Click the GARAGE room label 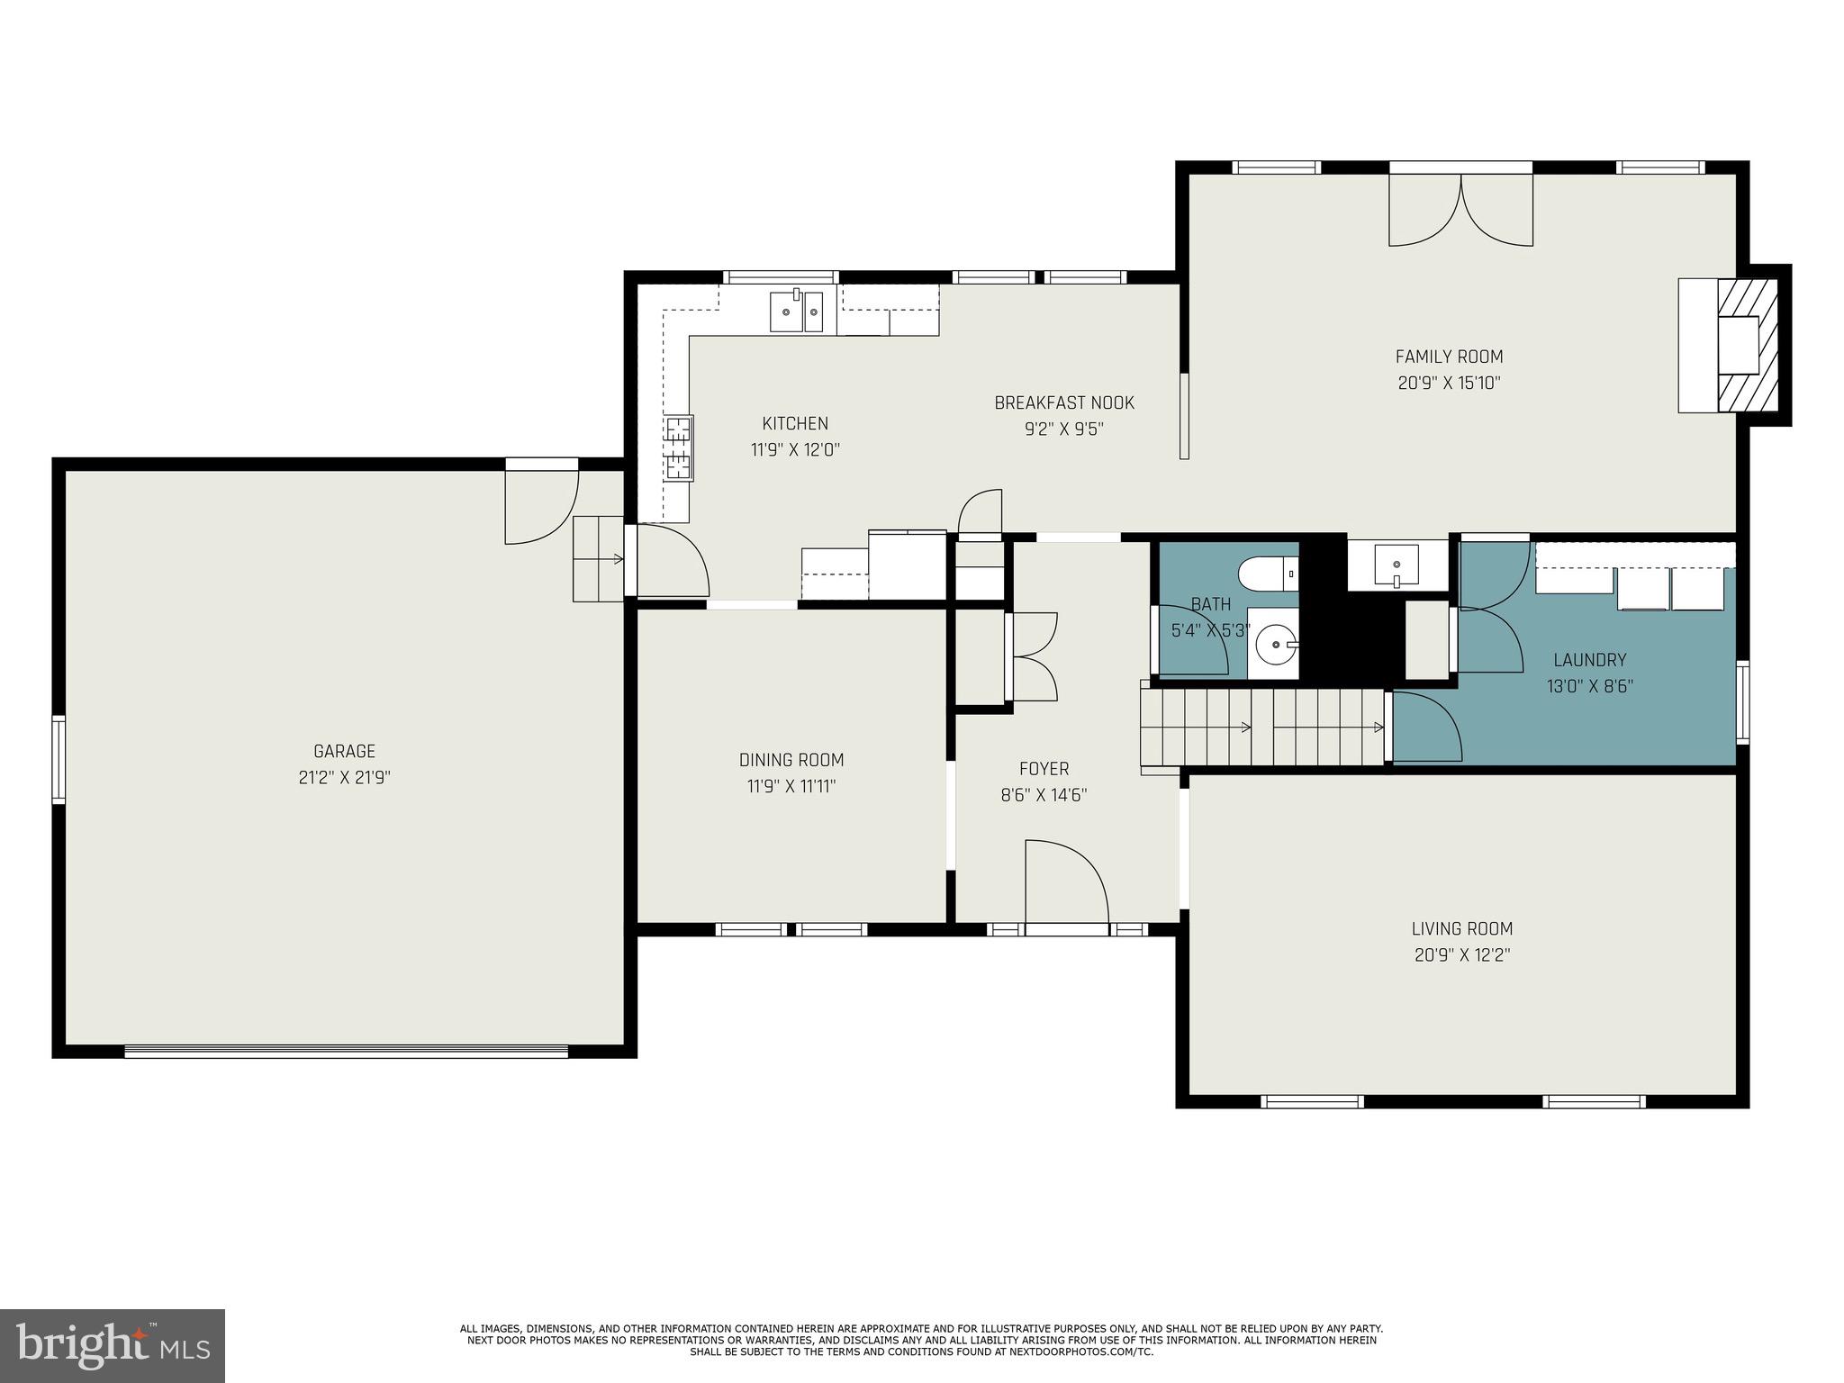pos(344,751)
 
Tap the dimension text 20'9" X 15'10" pos(1449,383)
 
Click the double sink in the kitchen pos(796,312)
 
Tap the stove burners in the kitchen pos(678,447)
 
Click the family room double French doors pos(1460,210)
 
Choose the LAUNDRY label pos(1589,660)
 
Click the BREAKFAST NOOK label pos(1063,402)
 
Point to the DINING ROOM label pos(791,760)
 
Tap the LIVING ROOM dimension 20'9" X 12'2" pos(1461,954)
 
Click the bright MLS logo pos(112,1345)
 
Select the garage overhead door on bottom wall pos(346,1051)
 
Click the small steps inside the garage pos(598,558)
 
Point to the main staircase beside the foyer pos(1261,728)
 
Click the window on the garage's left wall pos(59,758)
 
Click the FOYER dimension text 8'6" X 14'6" pos(1044,795)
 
